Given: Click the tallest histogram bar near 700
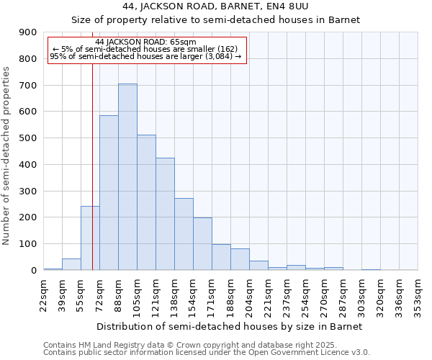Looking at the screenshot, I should point(127,177).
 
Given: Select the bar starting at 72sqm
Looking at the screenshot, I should point(109,193).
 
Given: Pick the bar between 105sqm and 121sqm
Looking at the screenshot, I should point(146,202).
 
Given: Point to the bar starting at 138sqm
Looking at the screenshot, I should point(184,234).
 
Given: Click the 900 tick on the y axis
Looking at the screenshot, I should point(27,32).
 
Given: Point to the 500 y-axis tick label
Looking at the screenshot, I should point(27,138).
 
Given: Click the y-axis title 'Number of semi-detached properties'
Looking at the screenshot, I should point(7,156).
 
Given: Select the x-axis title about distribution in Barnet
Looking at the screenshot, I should point(230,326).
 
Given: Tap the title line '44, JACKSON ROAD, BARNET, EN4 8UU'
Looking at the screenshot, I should point(216,7).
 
